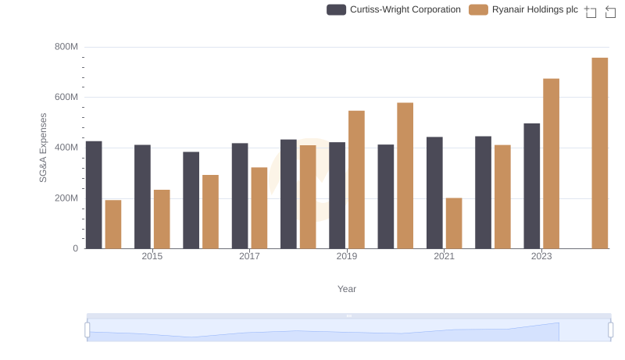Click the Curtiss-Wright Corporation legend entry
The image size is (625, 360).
pos(394,10)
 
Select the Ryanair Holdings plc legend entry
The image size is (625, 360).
pos(524,10)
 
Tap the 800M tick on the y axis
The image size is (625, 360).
pos(66,47)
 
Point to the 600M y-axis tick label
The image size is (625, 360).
pos(66,98)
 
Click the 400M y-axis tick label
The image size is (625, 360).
pos(66,148)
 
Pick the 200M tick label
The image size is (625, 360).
pos(66,198)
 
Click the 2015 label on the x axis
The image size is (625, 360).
pos(152,256)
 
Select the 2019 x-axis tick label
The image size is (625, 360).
pos(347,256)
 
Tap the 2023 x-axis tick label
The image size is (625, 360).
pos(541,256)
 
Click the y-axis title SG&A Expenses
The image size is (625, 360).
pos(44,148)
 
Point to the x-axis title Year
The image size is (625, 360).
pos(347,289)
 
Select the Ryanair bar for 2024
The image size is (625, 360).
pos(600,153)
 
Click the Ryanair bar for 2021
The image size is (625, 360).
pos(454,223)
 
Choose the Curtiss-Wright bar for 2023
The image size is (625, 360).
pos(532,186)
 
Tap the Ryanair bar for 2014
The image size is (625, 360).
pos(113,224)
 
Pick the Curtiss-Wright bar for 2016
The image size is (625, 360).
pos(191,200)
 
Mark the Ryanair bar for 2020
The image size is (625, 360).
pos(405,176)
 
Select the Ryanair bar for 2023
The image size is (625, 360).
pos(552,163)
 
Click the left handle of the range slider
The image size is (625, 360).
pos(87,330)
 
